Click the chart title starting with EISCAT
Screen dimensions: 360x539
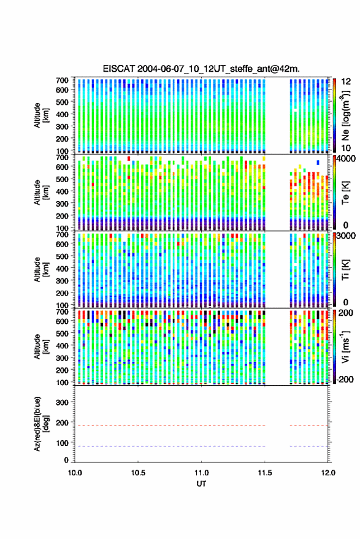click(x=201, y=69)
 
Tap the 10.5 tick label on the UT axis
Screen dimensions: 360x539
click(x=138, y=473)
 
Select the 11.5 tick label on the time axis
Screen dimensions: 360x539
click(x=265, y=473)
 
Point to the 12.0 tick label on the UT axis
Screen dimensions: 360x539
click(x=328, y=473)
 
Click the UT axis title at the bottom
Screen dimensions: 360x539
click(x=201, y=484)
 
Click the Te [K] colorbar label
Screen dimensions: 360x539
click(x=345, y=193)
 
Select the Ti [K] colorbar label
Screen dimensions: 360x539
click(x=345, y=270)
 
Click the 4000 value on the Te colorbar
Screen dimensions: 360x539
click(x=347, y=159)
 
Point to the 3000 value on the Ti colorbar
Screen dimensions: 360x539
click(x=347, y=236)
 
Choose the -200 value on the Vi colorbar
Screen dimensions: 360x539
click(x=345, y=379)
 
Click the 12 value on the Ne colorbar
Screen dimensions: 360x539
click(x=346, y=82)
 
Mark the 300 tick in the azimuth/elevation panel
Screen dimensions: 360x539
click(x=62, y=402)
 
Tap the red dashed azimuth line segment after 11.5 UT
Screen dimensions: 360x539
click(x=309, y=426)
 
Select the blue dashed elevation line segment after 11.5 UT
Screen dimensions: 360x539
click(x=309, y=446)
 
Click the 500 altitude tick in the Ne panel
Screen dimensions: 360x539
click(x=62, y=102)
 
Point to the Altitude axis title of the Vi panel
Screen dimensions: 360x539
click(x=42, y=346)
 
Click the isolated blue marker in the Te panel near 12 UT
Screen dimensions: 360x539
click(x=318, y=162)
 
